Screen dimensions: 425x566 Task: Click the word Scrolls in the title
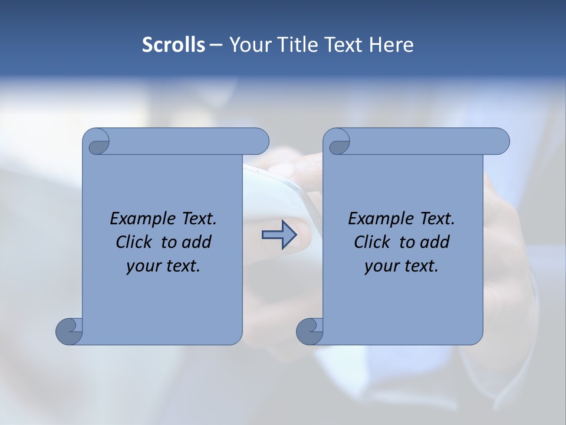173,45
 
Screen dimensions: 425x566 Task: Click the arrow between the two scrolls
279,235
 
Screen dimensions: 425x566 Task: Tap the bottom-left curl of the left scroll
69,331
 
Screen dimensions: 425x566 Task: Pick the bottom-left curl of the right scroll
310,331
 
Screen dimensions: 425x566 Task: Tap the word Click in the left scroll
134,242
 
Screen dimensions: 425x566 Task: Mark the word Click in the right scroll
372,242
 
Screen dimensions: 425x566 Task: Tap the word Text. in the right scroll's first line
437,219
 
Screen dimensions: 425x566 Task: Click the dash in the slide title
216,45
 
